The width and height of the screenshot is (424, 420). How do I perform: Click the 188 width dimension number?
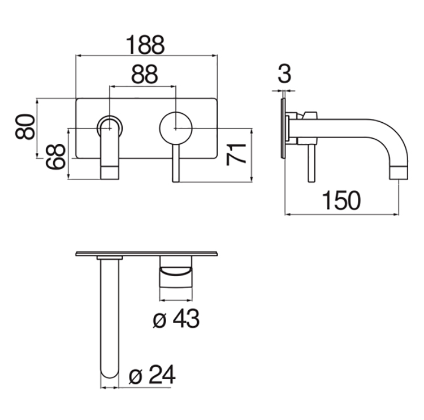[x=145, y=45]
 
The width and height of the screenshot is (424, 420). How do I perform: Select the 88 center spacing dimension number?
[x=144, y=74]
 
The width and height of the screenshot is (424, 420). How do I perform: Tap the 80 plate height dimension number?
[x=25, y=127]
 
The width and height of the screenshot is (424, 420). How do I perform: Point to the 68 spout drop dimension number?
[x=55, y=157]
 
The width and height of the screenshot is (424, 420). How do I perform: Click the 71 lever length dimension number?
[x=236, y=155]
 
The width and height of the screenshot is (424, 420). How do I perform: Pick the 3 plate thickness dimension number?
[x=284, y=74]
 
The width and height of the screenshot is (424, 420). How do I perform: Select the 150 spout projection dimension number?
[x=341, y=200]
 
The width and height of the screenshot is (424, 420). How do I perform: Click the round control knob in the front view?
[x=176, y=128]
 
